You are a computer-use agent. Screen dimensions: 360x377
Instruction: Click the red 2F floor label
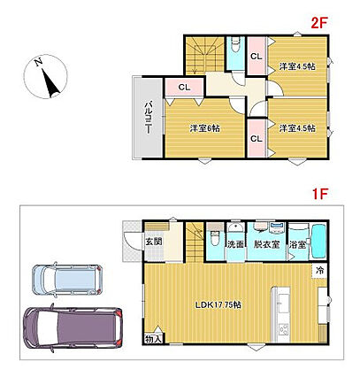(319, 23)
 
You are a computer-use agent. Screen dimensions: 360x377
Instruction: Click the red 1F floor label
(320, 194)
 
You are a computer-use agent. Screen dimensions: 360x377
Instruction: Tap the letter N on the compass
(38, 62)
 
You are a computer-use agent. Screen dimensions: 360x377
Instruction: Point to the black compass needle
(50, 83)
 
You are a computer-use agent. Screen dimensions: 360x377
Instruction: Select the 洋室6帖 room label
(204, 128)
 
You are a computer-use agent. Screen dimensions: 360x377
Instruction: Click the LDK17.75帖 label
(218, 304)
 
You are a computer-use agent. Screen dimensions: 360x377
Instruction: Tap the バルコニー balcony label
(149, 118)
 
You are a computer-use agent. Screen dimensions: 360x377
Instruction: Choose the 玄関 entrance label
(154, 242)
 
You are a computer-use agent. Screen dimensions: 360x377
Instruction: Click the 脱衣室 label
(266, 244)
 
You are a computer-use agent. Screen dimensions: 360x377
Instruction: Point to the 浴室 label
(297, 244)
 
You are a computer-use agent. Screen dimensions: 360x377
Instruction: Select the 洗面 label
(235, 244)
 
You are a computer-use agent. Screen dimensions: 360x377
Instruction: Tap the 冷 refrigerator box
(319, 270)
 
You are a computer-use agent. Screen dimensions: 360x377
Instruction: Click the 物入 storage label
(153, 339)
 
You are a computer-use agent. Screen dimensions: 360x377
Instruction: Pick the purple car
(73, 327)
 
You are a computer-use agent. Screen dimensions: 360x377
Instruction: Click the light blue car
(67, 280)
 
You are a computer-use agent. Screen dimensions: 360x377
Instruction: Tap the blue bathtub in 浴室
(319, 241)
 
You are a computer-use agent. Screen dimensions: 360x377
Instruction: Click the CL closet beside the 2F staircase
(184, 87)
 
